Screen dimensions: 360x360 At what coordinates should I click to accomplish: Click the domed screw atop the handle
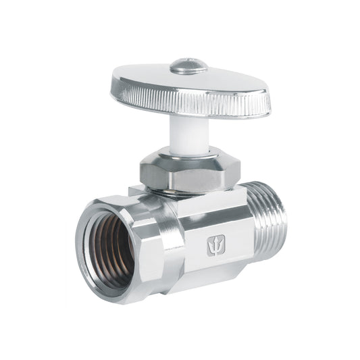click(188, 66)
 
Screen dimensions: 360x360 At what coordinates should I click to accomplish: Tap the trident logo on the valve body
click(216, 246)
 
